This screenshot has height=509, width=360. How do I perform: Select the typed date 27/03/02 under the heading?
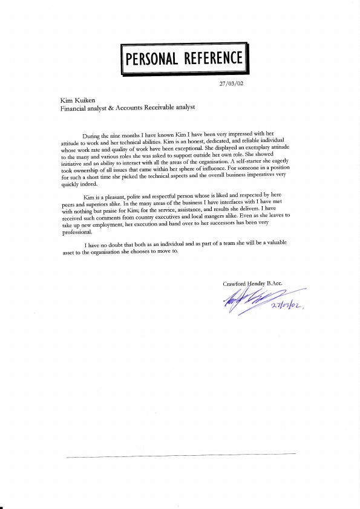(231, 84)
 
